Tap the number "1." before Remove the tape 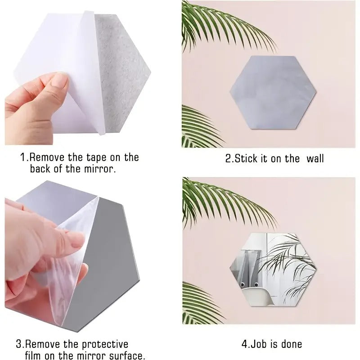(x=24, y=157)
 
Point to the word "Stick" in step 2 (x=247, y=158)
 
